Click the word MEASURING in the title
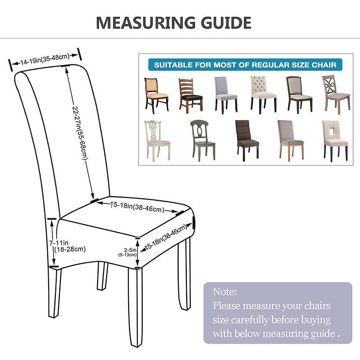coord(146,22)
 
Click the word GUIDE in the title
coord(226,22)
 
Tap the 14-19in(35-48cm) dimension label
coord(45,59)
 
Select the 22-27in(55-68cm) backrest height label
coord(81,133)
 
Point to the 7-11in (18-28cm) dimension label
coord(67,246)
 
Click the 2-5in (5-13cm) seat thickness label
coord(128,252)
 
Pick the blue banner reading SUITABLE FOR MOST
coord(245,65)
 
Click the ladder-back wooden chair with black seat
coord(190,96)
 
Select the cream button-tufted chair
coord(263,94)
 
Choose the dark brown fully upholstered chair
coord(247,140)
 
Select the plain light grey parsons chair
coord(226,95)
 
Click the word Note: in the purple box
coord(225,292)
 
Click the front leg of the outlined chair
coord(135,306)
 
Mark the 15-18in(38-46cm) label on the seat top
coord(137,207)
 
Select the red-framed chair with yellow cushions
coord(157,95)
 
